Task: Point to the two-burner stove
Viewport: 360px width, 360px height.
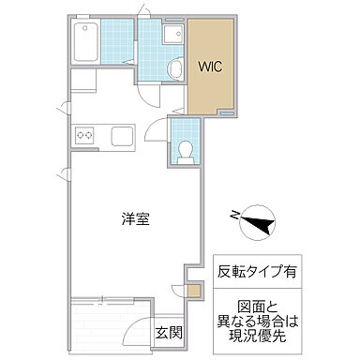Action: (x=85, y=135)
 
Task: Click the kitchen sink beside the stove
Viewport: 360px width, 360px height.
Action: (x=124, y=135)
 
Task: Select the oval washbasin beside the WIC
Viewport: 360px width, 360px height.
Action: (x=174, y=69)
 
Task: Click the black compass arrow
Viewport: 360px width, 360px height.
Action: (x=257, y=223)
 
